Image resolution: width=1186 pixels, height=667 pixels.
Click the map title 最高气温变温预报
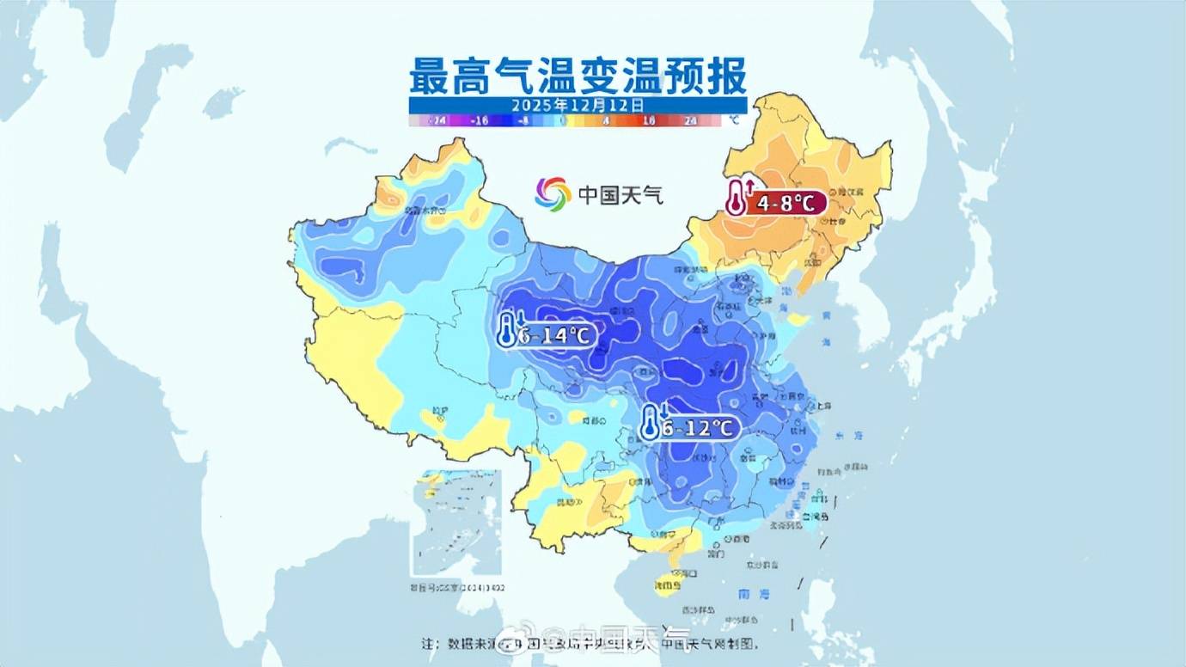[x=577, y=76]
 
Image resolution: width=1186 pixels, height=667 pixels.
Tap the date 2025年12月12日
[x=577, y=105]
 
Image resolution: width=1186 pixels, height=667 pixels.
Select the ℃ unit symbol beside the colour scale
[x=732, y=121]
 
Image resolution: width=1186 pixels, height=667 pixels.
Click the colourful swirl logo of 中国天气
[x=553, y=194]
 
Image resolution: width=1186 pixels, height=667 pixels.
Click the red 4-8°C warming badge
[x=786, y=204]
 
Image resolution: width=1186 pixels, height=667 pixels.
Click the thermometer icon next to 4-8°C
[x=737, y=198]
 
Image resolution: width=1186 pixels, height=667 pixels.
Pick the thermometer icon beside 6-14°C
[x=508, y=330]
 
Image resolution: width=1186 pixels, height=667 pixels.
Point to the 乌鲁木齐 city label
[x=427, y=210]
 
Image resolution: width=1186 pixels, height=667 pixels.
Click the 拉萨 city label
[x=440, y=412]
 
